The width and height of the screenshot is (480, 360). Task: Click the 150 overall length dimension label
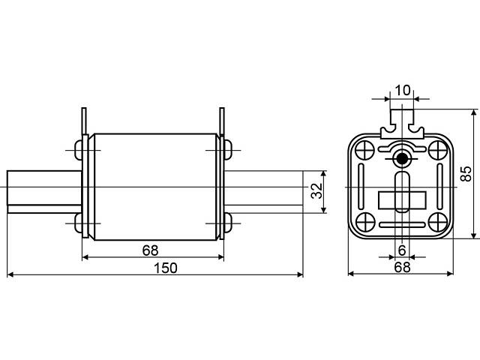click(165, 268)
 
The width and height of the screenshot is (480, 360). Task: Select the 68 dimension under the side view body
click(150, 250)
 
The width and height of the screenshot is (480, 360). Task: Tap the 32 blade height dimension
click(316, 191)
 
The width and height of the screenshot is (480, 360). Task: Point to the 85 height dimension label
click(466, 173)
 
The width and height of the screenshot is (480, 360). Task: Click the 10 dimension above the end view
click(402, 90)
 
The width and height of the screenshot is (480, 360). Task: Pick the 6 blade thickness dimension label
click(402, 250)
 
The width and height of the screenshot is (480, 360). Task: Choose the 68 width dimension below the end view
click(402, 267)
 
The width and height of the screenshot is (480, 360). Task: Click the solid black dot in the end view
click(402, 158)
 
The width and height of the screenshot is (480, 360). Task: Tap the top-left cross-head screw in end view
click(365, 149)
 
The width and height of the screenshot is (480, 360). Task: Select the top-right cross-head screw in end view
click(437, 149)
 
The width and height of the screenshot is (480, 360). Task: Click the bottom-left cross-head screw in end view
click(365, 222)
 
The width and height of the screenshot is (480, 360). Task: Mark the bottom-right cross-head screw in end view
click(437, 222)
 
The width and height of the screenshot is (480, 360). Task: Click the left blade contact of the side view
click(44, 192)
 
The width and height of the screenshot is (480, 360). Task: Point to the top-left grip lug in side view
click(84, 121)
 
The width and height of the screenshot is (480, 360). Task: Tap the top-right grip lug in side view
click(222, 121)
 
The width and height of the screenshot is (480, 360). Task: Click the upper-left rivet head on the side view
click(79, 150)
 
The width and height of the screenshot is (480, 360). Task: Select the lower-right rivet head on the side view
click(228, 223)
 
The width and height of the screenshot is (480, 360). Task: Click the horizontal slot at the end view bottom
click(402, 225)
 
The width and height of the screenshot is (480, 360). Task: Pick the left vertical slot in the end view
click(361, 187)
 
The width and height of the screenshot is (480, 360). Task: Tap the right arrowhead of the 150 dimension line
click(300, 274)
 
